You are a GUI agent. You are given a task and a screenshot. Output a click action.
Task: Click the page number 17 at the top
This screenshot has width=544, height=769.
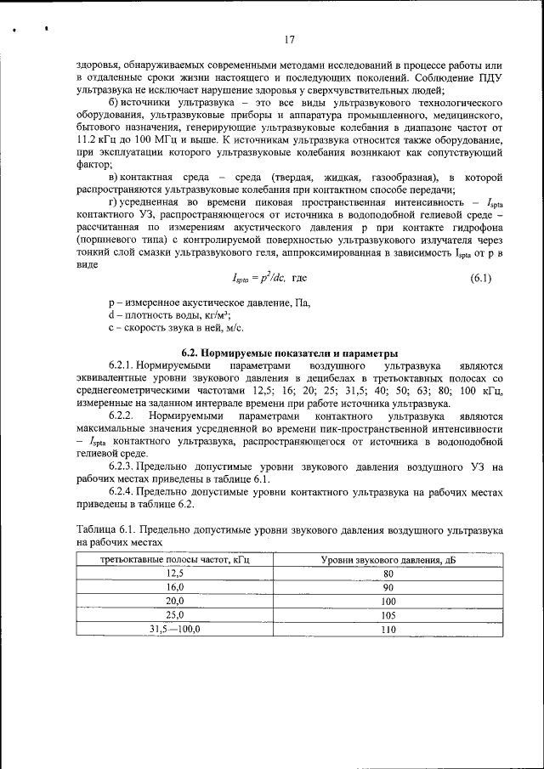coord(289,39)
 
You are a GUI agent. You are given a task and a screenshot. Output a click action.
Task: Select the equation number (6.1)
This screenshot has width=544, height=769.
coord(484,278)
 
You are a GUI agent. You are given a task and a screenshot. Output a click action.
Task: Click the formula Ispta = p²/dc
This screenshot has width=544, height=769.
coord(261,278)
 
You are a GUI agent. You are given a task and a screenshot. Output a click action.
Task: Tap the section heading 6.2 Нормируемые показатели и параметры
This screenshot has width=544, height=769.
coord(289,353)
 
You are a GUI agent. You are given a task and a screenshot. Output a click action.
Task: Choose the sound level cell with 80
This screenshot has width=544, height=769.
coord(388,574)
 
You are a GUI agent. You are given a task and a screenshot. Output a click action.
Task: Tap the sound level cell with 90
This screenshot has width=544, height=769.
coord(388,587)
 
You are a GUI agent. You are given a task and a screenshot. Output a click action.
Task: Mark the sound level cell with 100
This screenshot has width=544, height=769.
coord(388,601)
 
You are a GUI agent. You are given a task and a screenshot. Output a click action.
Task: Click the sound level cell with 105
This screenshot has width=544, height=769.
coord(388,614)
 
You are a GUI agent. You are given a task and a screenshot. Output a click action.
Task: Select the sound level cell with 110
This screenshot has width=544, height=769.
coord(388,629)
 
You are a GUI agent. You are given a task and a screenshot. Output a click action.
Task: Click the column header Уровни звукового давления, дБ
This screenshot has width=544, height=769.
coord(388,559)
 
